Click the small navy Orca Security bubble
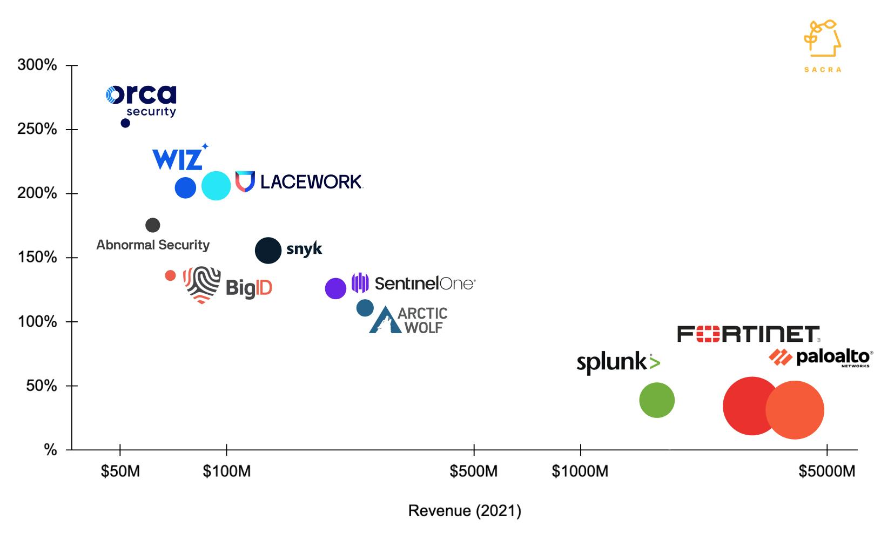coord(125,123)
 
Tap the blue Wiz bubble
coord(185,187)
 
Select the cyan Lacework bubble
coord(216,186)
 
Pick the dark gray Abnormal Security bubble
coord(153,225)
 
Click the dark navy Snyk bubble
coord(268,251)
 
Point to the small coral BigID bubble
coord(170,275)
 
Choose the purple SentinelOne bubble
coord(335,288)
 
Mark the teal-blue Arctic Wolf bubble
coord(365,308)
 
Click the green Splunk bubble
coord(657,400)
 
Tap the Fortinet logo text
coord(748,334)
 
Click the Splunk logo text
coord(618,362)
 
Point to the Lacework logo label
coord(299,182)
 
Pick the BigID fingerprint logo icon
coord(202,285)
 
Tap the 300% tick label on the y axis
coord(37,65)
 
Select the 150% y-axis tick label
coord(37,258)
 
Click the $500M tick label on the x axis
coord(473,471)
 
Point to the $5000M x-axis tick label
coord(826,471)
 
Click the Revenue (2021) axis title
coord(465,510)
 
